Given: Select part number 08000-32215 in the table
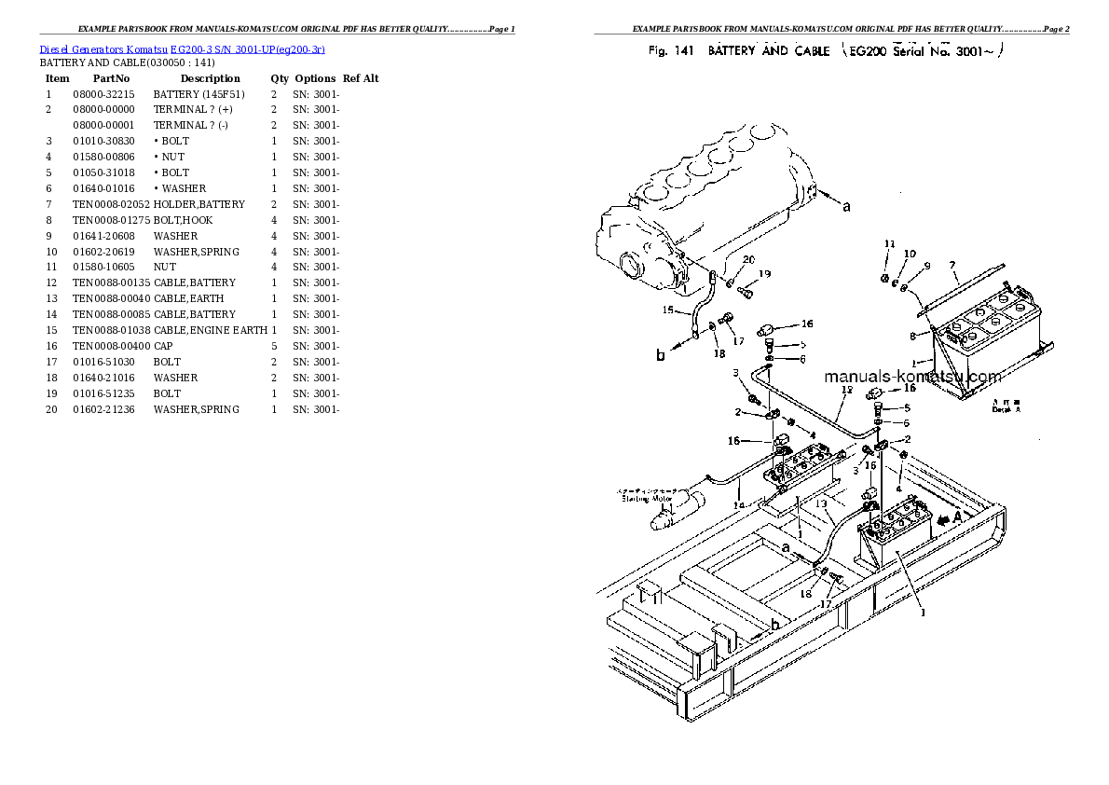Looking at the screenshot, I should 103,94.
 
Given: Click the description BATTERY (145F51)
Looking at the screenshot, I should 199,94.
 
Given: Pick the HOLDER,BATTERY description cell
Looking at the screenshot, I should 199,204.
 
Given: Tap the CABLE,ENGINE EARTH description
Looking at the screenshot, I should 210,330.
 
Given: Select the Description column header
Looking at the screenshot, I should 210,78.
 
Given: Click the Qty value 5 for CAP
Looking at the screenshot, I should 273,346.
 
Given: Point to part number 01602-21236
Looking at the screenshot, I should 103,409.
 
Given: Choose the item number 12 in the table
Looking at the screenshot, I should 51,282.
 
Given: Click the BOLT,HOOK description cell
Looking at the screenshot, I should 183,220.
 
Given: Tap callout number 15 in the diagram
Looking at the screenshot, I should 667,310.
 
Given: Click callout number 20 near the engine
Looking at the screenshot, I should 748,260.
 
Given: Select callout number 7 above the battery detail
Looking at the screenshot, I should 952,265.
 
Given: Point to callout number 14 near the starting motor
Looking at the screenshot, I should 739,505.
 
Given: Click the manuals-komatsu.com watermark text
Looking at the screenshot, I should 912,377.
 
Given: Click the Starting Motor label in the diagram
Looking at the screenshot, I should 647,498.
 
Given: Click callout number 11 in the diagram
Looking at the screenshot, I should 890,244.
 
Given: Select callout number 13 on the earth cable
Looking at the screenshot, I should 821,503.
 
